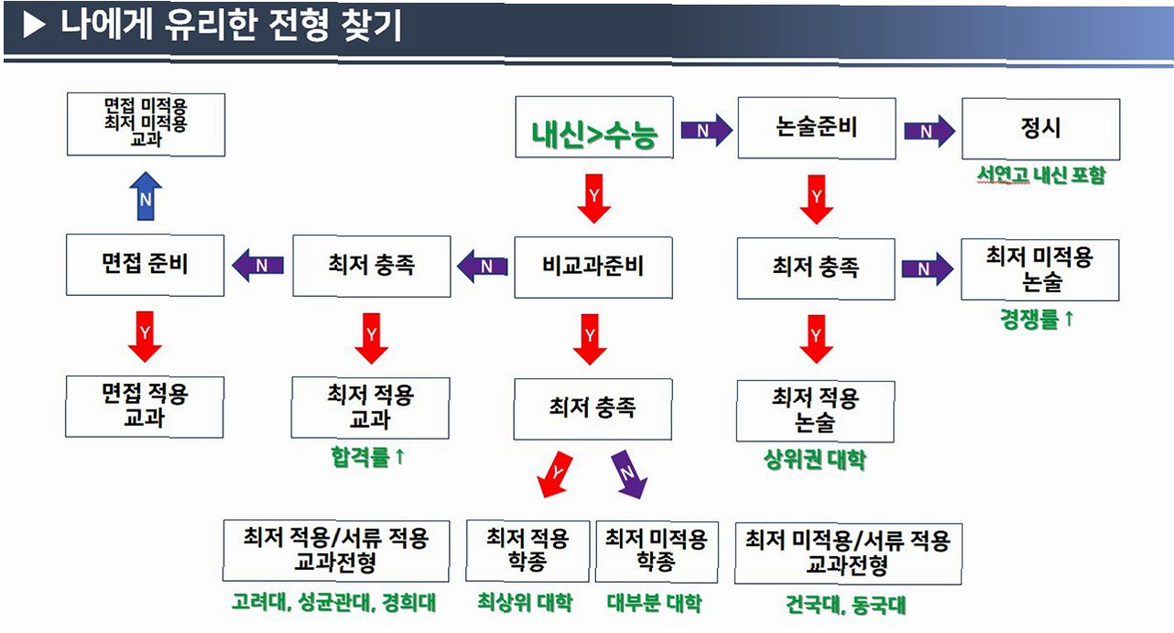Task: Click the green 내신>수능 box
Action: tap(594, 127)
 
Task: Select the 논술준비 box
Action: tap(816, 127)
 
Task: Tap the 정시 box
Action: tap(1041, 127)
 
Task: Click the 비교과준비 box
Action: tap(592, 267)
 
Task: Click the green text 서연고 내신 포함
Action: tap(1041, 175)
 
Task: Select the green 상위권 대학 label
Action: tap(814, 460)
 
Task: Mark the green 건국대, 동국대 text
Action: tap(846, 606)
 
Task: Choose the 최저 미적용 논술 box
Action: tap(1040, 269)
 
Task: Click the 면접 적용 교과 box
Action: tap(146, 406)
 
